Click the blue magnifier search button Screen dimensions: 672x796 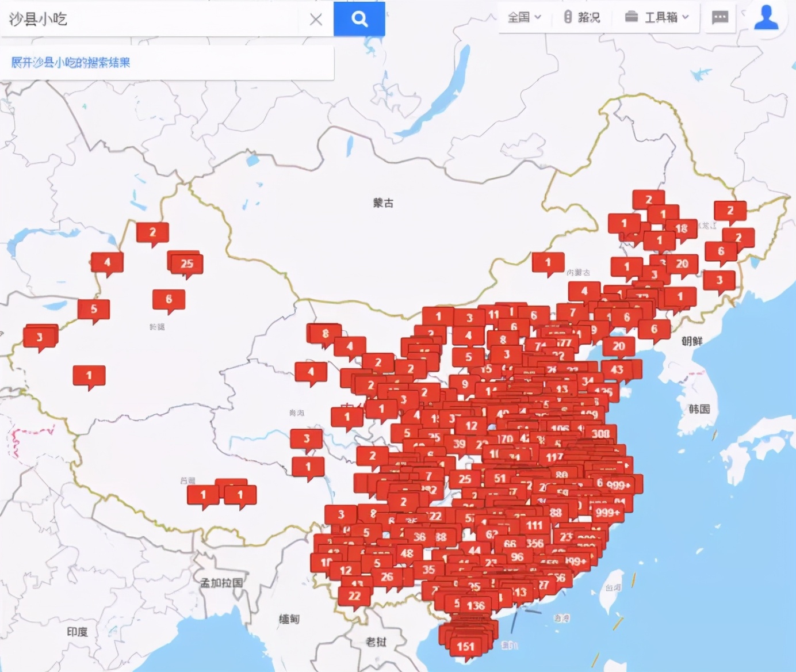click(x=359, y=19)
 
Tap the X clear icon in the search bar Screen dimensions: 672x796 click(x=316, y=20)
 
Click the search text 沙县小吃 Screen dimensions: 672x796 click(x=38, y=19)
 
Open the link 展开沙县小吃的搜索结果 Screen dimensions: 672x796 click(x=71, y=62)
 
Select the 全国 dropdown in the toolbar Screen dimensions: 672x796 click(x=524, y=17)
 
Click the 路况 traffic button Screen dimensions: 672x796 click(x=582, y=17)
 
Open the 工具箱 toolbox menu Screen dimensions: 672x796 click(x=657, y=17)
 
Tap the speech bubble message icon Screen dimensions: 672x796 click(x=720, y=17)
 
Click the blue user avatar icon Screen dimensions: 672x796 click(x=766, y=17)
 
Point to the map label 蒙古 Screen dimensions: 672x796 click(x=383, y=203)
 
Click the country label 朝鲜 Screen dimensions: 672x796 click(x=692, y=341)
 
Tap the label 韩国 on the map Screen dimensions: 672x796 click(x=699, y=409)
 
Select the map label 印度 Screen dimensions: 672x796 click(x=77, y=632)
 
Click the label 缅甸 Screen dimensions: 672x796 click(x=289, y=619)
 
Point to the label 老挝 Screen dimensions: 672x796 click(x=376, y=642)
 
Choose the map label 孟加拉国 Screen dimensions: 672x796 click(x=221, y=583)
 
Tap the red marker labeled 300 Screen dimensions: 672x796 click(x=600, y=434)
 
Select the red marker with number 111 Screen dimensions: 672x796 click(x=534, y=525)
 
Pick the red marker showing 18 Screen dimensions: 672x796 click(x=682, y=228)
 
